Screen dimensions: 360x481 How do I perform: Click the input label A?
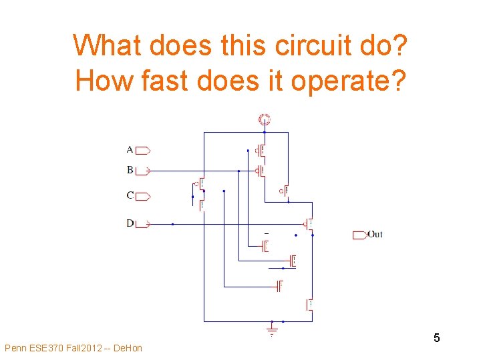130,149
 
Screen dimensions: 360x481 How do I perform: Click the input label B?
130,170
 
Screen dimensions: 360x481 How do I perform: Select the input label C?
130,196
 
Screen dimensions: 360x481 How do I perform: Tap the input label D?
130,223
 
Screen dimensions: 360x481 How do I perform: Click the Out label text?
375,234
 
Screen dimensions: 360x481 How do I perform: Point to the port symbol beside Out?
359,234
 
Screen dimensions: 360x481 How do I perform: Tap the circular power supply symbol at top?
264,120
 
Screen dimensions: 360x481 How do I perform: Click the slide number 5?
436,338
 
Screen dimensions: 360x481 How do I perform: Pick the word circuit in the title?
284,45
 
